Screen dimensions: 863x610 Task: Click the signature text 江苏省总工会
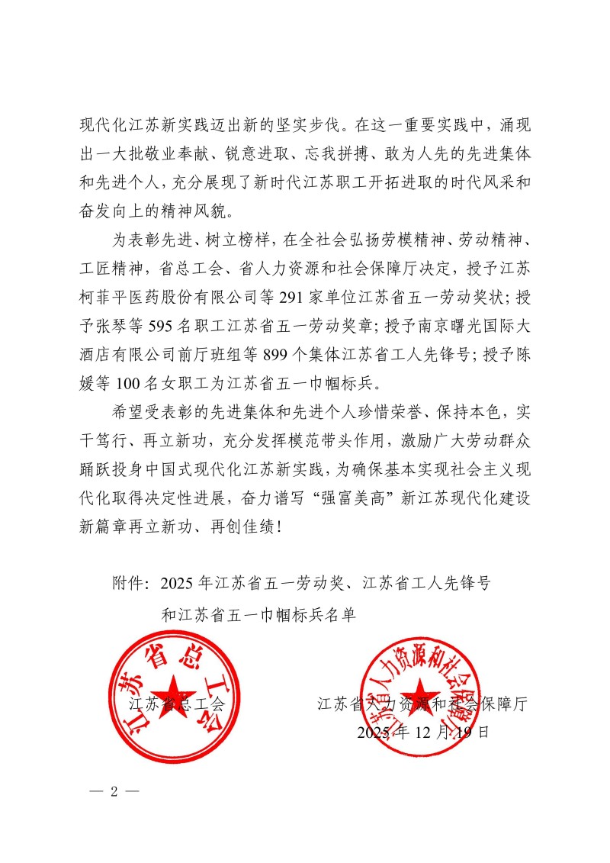[176, 704]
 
